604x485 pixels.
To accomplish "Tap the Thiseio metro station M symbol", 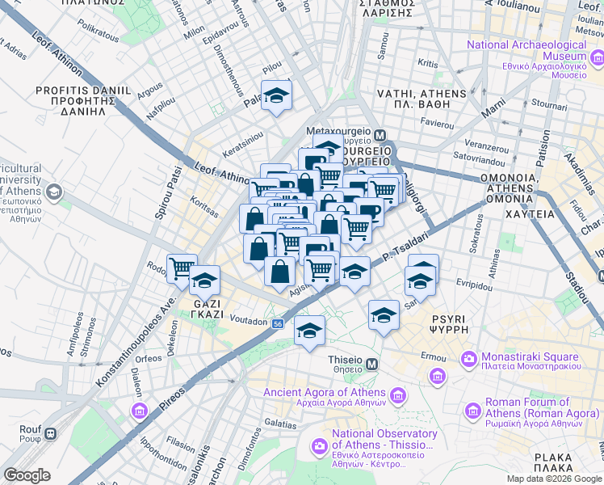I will coord(371,365).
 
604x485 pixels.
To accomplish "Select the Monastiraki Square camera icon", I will coord(468,357).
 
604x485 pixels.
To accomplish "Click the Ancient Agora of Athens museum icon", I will coord(397,395).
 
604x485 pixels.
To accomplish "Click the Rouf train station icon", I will coord(50,433).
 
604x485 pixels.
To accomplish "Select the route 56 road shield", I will coord(278,323).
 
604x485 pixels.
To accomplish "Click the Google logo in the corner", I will coord(27,475).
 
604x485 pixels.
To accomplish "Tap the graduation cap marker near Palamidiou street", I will coord(276,97).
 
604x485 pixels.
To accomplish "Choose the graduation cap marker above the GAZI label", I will coord(205,281).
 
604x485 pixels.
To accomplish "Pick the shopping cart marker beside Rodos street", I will coord(181,268).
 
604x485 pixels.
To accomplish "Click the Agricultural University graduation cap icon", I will coord(54,192).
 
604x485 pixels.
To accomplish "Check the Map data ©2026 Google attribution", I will coord(553,479).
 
